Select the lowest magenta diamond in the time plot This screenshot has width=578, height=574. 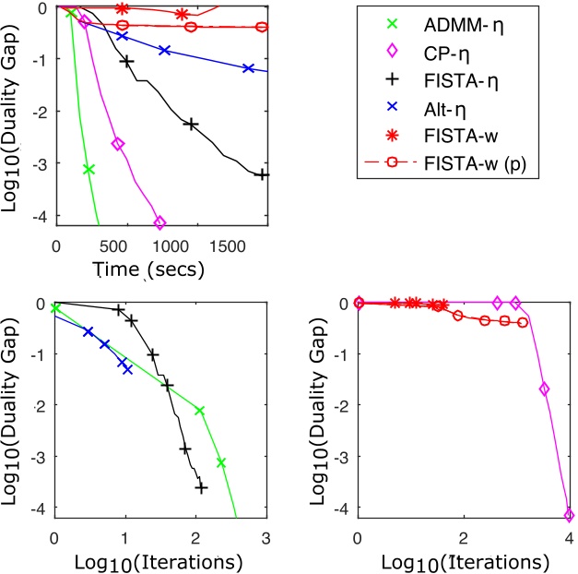point(159,222)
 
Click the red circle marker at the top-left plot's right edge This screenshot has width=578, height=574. point(262,27)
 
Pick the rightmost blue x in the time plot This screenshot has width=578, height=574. point(248,68)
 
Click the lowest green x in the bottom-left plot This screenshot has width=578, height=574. point(221,461)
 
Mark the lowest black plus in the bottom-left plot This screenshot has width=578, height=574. point(202,487)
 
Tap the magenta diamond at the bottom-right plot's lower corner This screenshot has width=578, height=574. point(569,515)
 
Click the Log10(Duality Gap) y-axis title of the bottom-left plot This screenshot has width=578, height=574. point(17,409)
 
